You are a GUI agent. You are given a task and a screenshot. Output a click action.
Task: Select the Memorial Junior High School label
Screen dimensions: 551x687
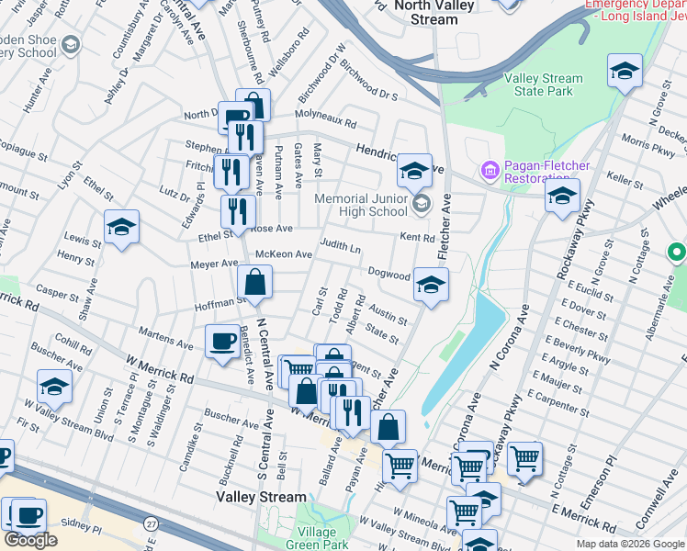[x=361, y=205]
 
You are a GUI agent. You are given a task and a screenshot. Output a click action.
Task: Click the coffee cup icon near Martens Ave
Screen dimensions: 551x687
[x=222, y=342]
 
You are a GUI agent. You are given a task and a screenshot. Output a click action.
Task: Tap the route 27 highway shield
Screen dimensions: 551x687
[x=148, y=523]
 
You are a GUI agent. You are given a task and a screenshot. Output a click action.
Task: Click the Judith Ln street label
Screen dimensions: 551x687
[x=340, y=248]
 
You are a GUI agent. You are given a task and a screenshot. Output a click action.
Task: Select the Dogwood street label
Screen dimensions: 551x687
[x=389, y=275]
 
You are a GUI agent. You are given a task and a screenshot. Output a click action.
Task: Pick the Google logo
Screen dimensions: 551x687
[x=31, y=540]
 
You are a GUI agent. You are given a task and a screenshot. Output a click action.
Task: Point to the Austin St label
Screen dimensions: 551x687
[x=388, y=312]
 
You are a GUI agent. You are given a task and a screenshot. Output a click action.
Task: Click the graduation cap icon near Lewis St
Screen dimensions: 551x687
[x=121, y=228]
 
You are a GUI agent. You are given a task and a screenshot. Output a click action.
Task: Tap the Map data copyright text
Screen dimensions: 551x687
[x=631, y=544]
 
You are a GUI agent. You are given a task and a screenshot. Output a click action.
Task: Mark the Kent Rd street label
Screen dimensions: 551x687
[x=417, y=238]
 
